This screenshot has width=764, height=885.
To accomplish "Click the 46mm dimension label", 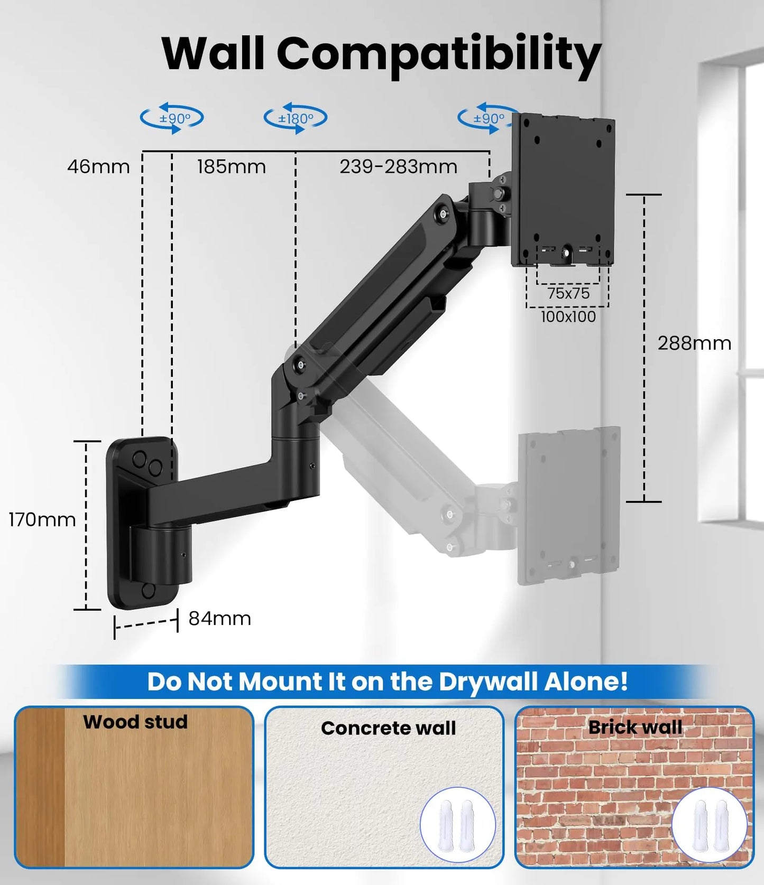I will click(x=98, y=167).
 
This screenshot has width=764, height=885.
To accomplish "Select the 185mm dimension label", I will click(x=231, y=167).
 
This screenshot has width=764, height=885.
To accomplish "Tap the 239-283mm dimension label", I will click(x=398, y=167).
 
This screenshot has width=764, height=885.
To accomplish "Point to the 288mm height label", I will click(x=694, y=343).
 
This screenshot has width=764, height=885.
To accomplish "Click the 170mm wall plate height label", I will click(x=42, y=520).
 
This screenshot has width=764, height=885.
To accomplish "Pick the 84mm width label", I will click(x=219, y=618).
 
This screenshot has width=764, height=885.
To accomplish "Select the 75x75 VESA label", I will click(x=568, y=293).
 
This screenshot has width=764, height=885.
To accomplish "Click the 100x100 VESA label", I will click(x=568, y=316).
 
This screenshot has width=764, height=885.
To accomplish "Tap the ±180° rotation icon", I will click(x=296, y=118).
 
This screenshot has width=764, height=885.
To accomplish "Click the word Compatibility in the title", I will click(x=439, y=54).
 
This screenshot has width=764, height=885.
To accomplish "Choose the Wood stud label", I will click(x=135, y=722).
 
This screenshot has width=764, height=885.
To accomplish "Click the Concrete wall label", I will click(x=388, y=728).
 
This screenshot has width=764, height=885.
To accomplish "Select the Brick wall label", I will click(x=635, y=727).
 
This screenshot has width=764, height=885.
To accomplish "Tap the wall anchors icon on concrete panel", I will click(x=457, y=825).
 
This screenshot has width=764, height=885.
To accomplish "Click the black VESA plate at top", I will click(x=564, y=190).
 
